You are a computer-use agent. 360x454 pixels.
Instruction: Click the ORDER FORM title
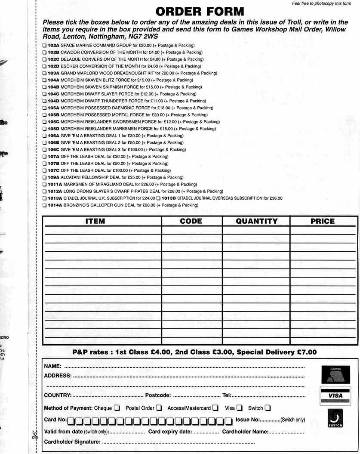(x=200, y=12)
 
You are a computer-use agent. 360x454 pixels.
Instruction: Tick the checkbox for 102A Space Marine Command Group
(x=45, y=45)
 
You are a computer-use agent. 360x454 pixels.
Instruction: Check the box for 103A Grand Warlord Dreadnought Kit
(x=45, y=73)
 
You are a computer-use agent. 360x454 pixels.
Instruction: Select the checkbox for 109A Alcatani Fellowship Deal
(x=45, y=177)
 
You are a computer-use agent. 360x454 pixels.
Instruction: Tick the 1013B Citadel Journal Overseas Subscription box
(x=158, y=198)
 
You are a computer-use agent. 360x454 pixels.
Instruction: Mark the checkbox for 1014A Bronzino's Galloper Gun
(x=45, y=205)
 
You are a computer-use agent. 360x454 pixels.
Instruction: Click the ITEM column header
(x=95, y=221)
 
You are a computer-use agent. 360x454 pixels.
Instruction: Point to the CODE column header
(x=191, y=221)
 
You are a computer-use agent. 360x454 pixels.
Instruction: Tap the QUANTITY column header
(x=256, y=221)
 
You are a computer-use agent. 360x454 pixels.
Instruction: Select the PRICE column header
(x=322, y=221)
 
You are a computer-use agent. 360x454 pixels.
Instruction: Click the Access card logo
(x=335, y=374)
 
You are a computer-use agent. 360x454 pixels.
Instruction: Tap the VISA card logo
(x=335, y=395)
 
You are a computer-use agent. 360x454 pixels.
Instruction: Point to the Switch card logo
(x=335, y=418)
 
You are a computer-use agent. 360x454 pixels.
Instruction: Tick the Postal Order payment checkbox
(x=159, y=408)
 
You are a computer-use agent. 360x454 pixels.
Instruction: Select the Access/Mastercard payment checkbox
(x=215, y=408)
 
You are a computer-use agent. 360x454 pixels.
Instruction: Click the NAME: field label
(x=52, y=367)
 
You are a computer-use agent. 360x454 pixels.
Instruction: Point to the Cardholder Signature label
(x=72, y=442)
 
